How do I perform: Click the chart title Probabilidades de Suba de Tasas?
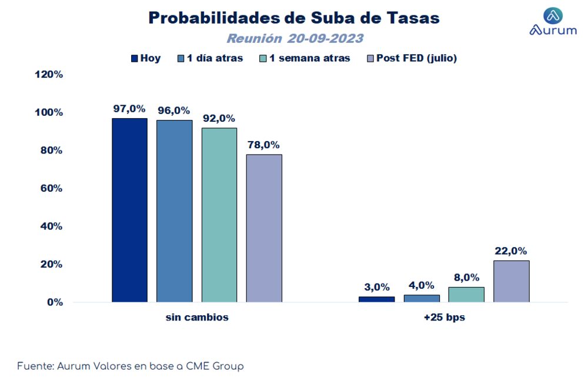(293, 18)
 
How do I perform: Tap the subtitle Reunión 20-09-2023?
(295, 39)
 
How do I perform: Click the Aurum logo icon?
(553, 16)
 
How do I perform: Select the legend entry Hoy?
(145, 58)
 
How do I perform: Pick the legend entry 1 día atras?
(209, 58)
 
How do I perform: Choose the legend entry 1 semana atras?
(305, 58)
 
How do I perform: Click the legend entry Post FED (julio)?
(412, 58)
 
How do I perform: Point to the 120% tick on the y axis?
(50, 75)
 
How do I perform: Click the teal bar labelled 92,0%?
(219, 215)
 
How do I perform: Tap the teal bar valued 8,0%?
(466, 295)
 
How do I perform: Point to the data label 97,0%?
(129, 109)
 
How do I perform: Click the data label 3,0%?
(376, 287)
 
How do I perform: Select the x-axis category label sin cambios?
(197, 318)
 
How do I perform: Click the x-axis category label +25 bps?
(444, 318)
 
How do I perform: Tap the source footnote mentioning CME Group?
(130, 366)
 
